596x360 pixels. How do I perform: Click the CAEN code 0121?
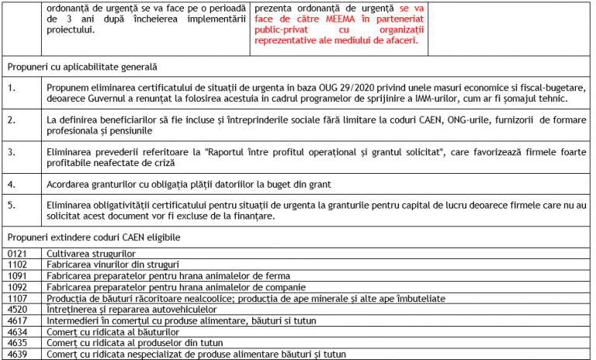point(18,254)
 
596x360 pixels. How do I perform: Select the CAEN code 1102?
point(18,265)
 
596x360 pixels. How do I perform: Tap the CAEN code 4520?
point(18,309)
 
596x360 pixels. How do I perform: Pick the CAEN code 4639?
point(18,354)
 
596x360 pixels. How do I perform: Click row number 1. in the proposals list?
point(12,88)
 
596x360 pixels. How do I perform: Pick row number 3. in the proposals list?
point(12,147)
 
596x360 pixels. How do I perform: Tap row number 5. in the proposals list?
point(12,205)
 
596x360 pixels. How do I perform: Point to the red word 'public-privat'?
point(283,29)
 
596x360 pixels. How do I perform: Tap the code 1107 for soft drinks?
point(18,298)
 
